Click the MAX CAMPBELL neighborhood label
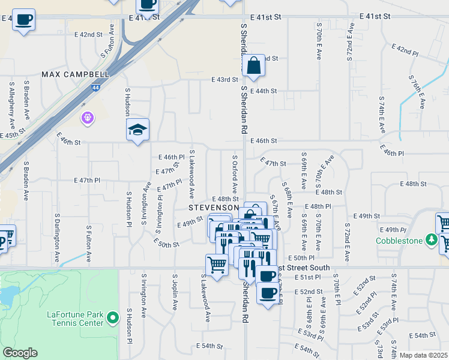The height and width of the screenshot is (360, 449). click(76, 74)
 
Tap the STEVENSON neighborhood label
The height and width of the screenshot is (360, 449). click(211, 208)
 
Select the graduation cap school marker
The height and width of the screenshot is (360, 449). click(137, 129)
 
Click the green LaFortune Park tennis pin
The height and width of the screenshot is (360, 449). click(112, 318)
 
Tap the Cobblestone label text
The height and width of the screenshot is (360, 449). click(400, 241)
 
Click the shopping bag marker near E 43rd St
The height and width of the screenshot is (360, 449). click(254, 65)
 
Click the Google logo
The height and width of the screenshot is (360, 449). click(19, 353)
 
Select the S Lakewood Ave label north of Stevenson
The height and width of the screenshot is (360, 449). click(192, 174)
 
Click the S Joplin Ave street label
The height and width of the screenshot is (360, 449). click(174, 292)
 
